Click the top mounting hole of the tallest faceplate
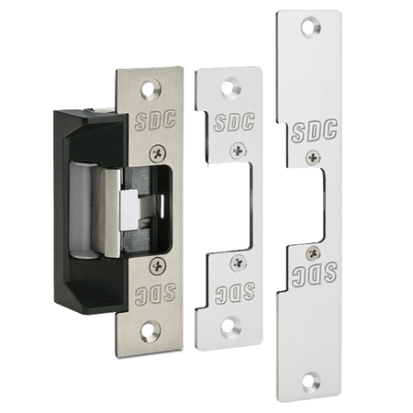click(311, 27)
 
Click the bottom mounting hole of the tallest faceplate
click(311, 381)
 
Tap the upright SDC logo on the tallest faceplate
click(314, 130)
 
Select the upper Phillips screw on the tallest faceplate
click(314, 158)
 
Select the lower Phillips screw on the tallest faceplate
click(314, 252)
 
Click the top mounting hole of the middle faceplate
click(231, 89)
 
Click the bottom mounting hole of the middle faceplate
click(231, 328)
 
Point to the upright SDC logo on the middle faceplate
click(234, 122)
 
